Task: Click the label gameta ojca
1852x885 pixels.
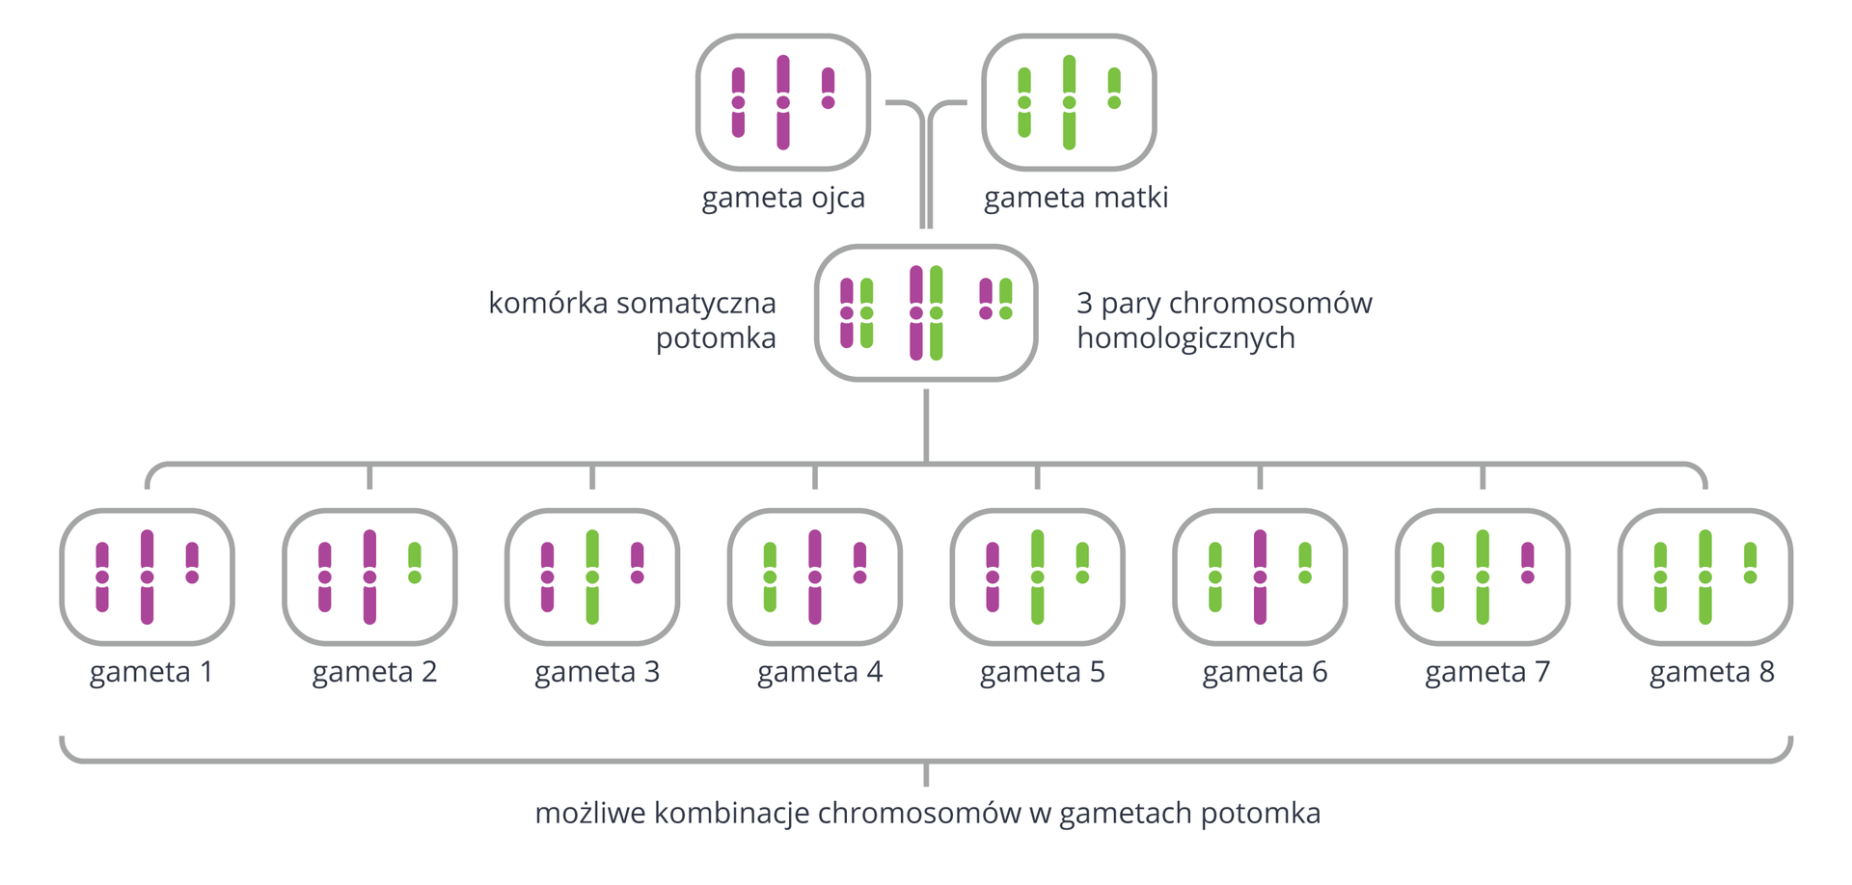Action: click(x=782, y=198)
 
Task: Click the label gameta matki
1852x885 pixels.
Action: click(x=1076, y=198)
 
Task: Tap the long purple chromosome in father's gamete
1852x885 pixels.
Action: click(x=783, y=102)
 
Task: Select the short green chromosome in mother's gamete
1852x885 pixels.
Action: click(x=1114, y=88)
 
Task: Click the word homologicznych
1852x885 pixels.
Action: click(x=1185, y=338)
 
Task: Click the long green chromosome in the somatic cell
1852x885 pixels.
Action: click(x=937, y=312)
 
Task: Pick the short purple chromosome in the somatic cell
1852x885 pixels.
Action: click(x=985, y=299)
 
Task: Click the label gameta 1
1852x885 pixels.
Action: click(x=151, y=672)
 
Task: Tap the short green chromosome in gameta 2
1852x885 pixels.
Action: click(x=415, y=563)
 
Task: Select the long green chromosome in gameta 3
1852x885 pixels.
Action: click(x=592, y=577)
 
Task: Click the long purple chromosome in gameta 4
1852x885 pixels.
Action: click(x=815, y=577)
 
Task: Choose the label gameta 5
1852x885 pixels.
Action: click(x=1042, y=672)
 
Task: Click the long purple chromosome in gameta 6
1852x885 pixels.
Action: click(x=1260, y=577)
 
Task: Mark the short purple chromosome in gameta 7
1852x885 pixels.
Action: click(x=1528, y=563)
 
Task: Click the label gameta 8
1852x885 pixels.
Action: click(x=1711, y=672)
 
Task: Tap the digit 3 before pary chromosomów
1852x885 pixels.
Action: click(x=1084, y=304)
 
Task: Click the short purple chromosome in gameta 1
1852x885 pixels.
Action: click(x=192, y=563)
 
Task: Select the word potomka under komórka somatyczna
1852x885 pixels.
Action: click(x=716, y=338)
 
